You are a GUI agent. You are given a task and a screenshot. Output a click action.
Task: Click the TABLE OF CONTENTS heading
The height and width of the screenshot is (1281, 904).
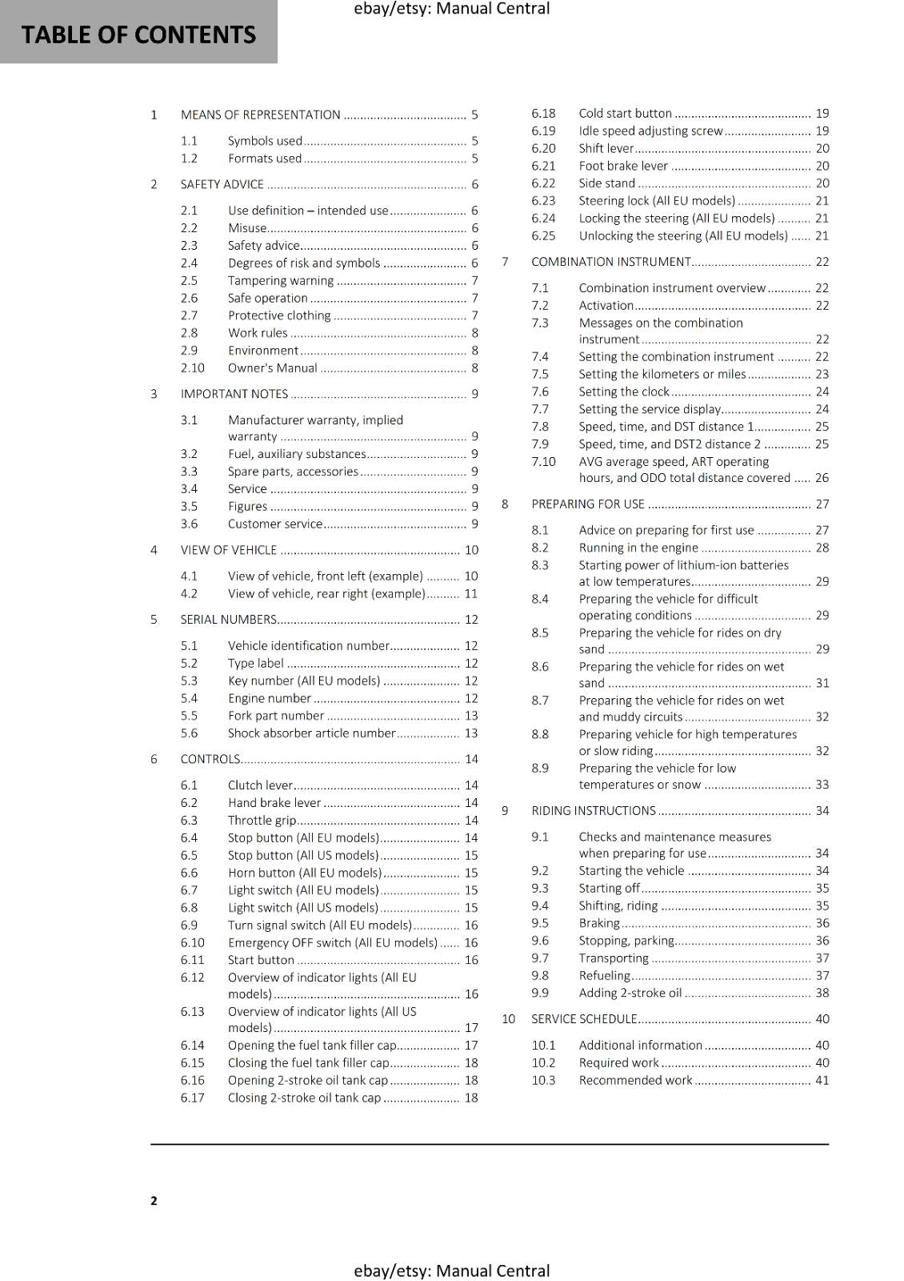point(138,34)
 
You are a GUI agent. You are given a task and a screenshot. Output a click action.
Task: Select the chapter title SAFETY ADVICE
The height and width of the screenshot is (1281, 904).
point(222,184)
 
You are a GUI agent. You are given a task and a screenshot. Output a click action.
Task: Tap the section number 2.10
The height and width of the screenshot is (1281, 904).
point(192,368)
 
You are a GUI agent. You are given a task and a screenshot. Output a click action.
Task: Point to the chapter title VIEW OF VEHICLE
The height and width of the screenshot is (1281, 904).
point(228,550)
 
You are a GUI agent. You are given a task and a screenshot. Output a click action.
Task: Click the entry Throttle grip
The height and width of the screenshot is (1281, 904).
point(262,820)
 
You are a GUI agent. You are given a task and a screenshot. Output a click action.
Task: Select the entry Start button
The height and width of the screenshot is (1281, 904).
point(261,960)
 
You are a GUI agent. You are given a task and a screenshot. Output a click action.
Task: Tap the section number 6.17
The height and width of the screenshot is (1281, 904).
point(192,1098)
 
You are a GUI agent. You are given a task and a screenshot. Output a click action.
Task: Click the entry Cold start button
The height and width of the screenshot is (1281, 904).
point(625,114)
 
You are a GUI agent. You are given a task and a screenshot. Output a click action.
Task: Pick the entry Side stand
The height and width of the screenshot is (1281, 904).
point(606,183)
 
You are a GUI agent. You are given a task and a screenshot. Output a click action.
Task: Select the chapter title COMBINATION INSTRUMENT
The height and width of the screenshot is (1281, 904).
point(610,262)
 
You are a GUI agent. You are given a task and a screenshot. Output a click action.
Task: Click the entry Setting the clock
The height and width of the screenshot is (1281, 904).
point(624,392)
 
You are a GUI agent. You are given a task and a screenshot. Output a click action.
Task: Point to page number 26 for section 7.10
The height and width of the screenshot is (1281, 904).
point(822,478)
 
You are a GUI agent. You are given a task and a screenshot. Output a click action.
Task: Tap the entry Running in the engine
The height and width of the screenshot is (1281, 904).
point(638,548)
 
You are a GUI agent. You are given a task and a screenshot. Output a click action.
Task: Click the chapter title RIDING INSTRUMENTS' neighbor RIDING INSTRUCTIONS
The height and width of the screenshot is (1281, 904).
point(593,811)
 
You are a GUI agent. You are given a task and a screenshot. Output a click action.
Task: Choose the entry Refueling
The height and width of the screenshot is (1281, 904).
point(604,975)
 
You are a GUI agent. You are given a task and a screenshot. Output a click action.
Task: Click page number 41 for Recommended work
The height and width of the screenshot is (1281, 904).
point(822,1080)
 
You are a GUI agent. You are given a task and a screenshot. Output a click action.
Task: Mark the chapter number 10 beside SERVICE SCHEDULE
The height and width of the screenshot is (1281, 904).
point(508,1019)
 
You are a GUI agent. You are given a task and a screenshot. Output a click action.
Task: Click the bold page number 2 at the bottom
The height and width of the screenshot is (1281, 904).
point(154,1200)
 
